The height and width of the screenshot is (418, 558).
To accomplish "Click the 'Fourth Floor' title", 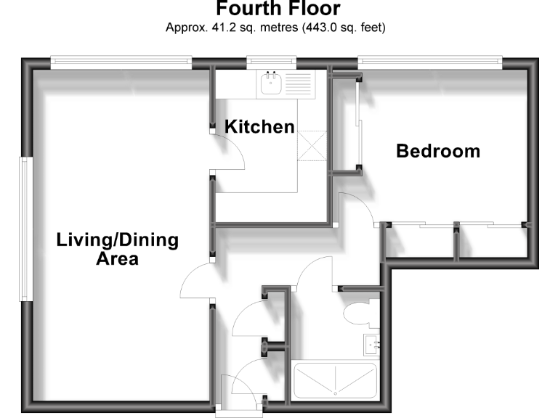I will (278, 9).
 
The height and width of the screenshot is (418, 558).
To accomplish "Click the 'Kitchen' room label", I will (259, 127).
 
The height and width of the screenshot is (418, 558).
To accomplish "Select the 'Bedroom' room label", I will (437, 152).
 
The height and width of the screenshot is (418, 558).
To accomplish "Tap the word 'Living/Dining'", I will (118, 241).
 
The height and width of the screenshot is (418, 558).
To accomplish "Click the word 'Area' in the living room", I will (118, 258).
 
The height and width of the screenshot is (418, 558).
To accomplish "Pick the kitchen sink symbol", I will (274, 83).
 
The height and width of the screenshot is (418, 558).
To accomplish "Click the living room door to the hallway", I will (195, 283).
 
